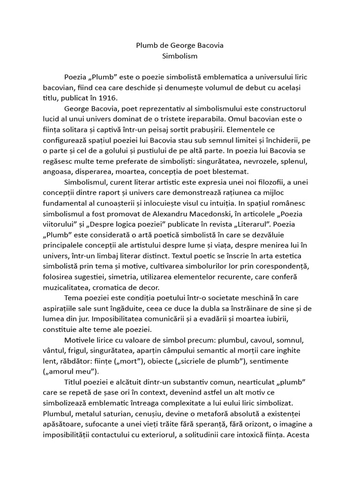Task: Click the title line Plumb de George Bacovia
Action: click(x=180, y=45)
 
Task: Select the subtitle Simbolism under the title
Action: click(x=180, y=56)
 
